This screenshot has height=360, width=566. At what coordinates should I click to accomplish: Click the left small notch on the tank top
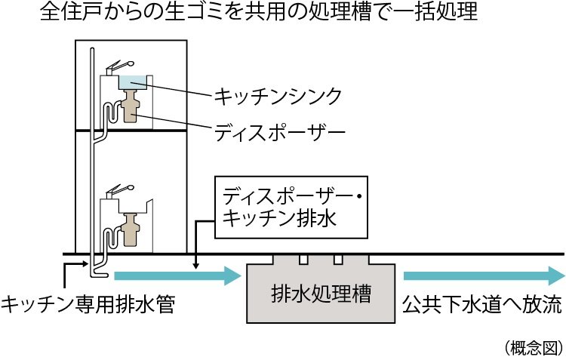[303, 260]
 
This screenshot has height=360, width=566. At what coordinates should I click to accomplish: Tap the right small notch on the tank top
[338, 260]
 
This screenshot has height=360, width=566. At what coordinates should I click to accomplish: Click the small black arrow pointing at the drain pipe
[75, 263]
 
